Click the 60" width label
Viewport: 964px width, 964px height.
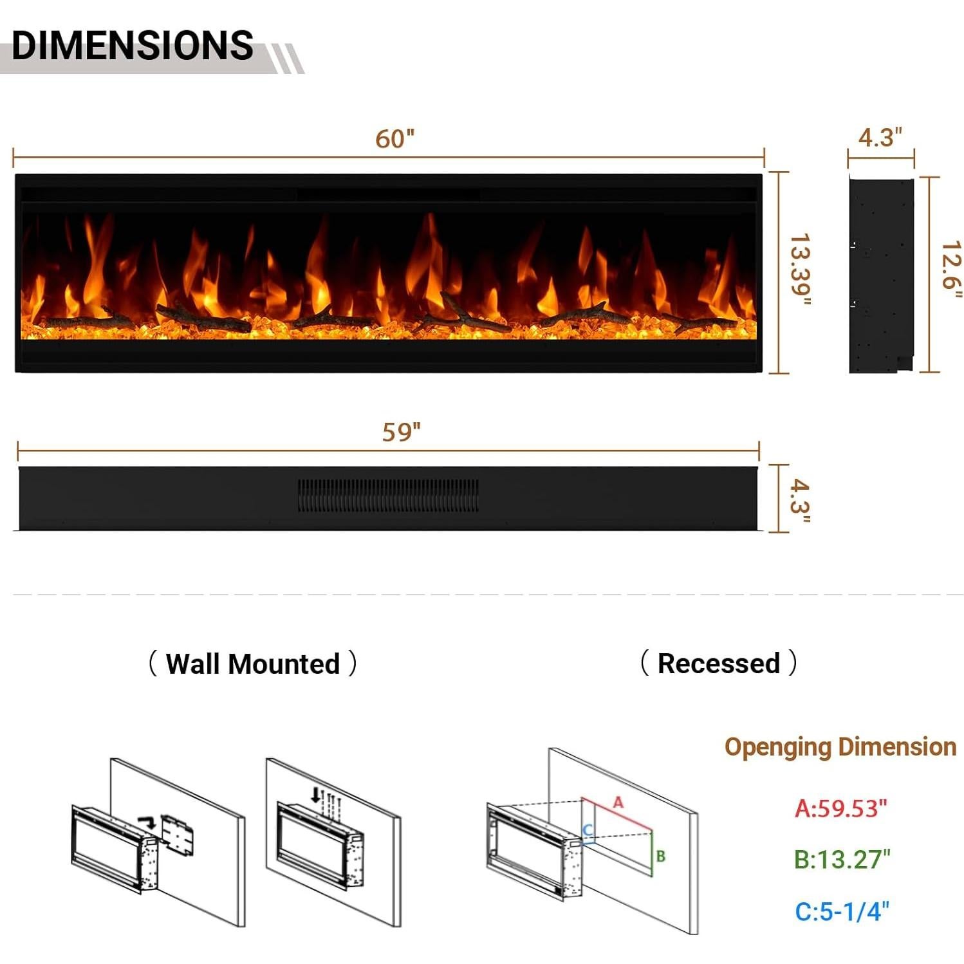(394, 138)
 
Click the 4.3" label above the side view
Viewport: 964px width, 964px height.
(880, 137)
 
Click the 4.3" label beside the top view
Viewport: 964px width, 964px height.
(800, 499)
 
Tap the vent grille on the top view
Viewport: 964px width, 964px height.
(388, 495)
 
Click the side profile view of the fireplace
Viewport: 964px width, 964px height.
(880, 275)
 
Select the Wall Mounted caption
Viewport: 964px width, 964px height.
(252, 663)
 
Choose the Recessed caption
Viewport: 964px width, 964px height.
(718, 663)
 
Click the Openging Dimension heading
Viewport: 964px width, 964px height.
(840, 746)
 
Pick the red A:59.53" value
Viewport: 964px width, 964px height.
(840, 808)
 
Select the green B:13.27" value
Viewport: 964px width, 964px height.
(842, 859)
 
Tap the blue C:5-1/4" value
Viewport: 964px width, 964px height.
(842, 911)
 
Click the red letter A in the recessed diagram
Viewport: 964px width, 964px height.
(618, 802)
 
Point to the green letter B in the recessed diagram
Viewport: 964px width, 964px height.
(660, 857)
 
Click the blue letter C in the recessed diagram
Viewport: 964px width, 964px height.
(587, 830)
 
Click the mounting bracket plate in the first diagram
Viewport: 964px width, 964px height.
(178, 835)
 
